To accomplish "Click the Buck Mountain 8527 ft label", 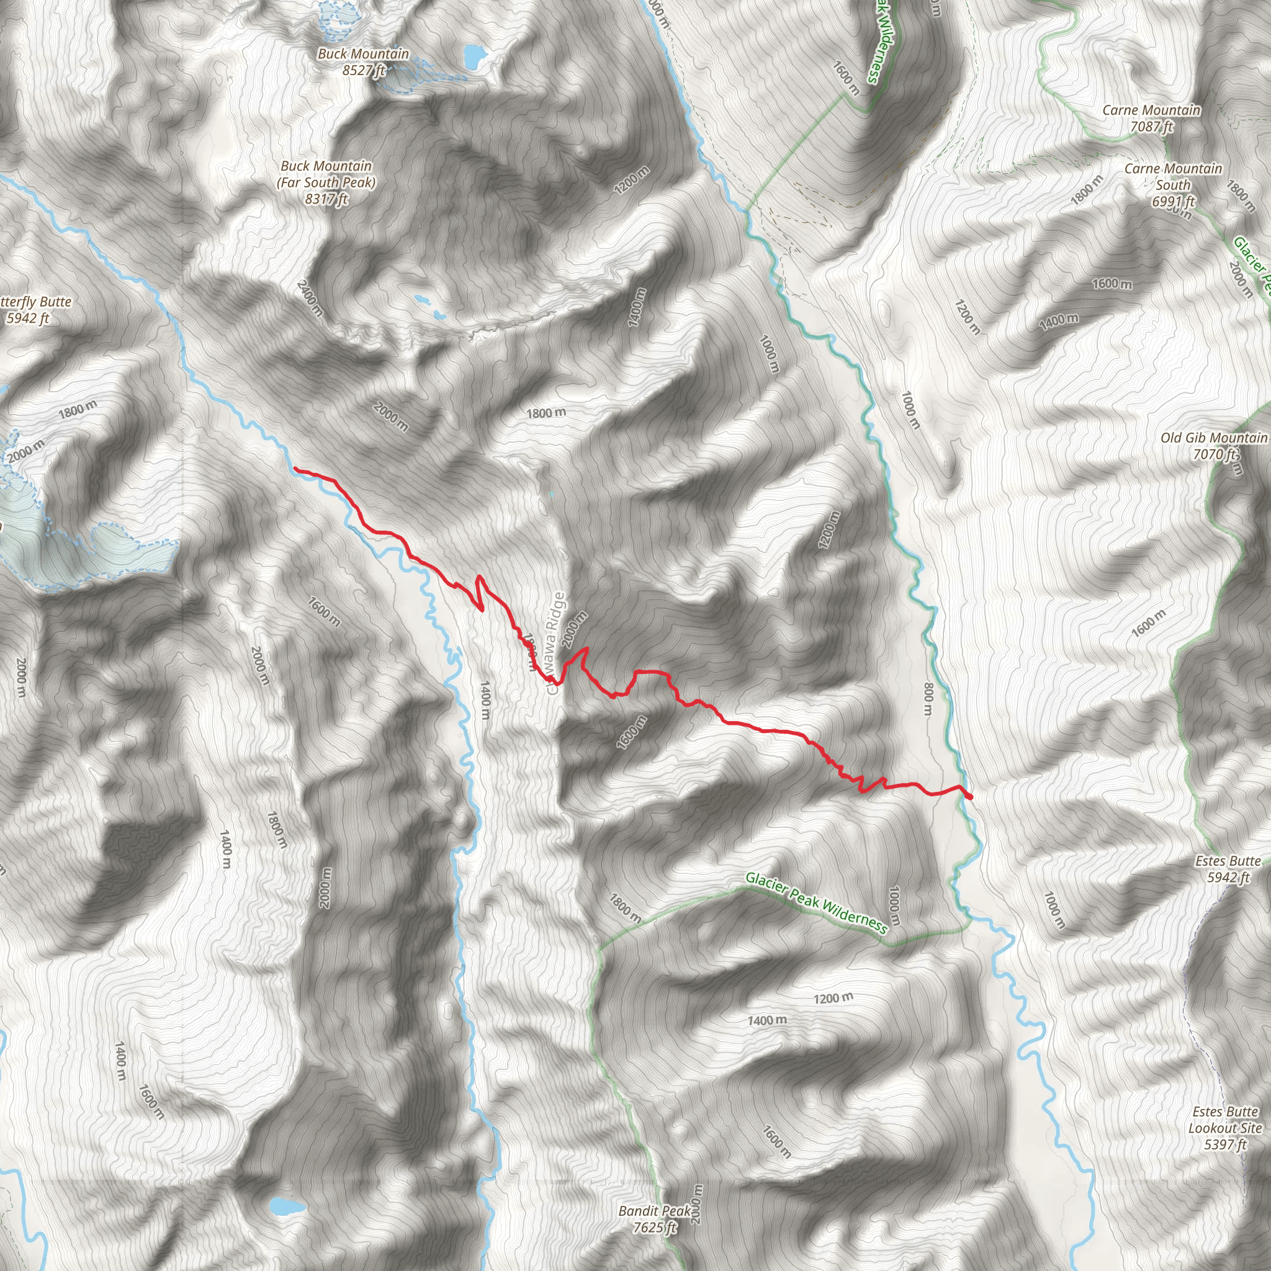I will (363, 62).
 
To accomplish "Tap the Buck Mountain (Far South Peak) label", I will (326, 182).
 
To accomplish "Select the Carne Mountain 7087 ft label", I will (1151, 119).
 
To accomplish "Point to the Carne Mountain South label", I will (1173, 185).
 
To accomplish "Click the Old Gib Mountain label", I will (1214, 446).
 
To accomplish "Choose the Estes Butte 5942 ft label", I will (1228, 868).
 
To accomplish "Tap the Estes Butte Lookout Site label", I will (1225, 1128).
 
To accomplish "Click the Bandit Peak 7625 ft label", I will (655, 1219).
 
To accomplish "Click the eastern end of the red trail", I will (971, 797).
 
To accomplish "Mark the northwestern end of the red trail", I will (295, 469).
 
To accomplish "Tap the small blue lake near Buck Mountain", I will (472, 56).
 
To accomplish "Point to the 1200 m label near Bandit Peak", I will (833, 999).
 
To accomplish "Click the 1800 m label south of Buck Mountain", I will (546, 413).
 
